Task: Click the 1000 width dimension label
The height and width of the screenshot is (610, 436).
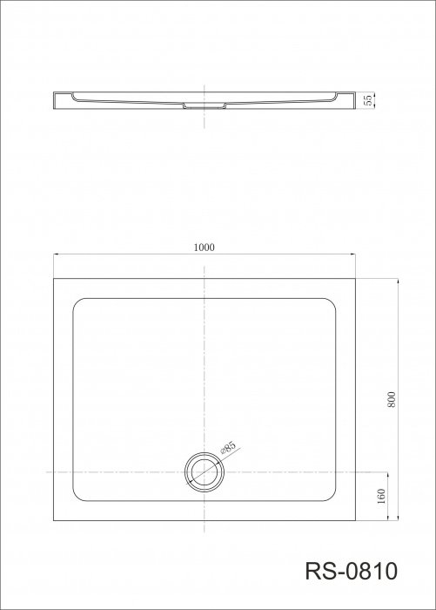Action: pos(204,247)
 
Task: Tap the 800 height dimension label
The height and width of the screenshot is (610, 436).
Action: pos(392,399)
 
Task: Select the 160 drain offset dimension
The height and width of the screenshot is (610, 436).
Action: pos(381,496)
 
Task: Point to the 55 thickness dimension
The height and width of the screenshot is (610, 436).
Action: pos(367,100)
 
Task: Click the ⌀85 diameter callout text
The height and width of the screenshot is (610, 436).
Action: pos(228,447)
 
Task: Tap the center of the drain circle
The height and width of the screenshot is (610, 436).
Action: pos(205,472)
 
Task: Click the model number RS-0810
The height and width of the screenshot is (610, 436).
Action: pos(352,571)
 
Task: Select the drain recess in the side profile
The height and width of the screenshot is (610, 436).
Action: pos(205,105)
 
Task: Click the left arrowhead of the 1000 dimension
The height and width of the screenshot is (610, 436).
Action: pos(56,254)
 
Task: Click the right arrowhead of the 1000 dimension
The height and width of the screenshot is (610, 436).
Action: pos(352,254)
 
